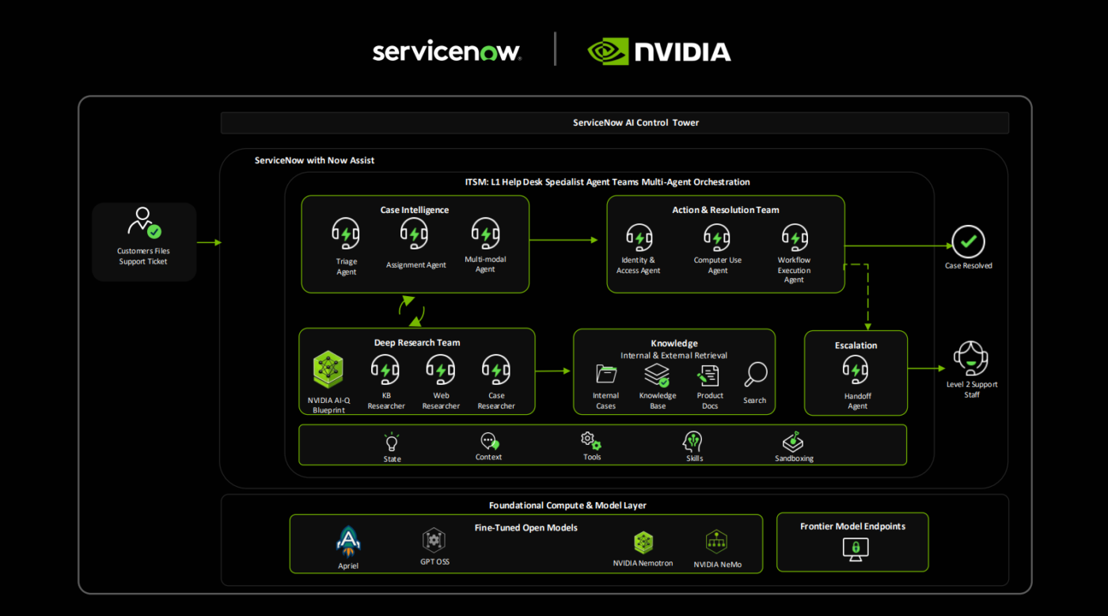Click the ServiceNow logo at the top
coord(446,51)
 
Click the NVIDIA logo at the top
coord(659,51)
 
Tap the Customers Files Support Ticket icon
coord(143,222)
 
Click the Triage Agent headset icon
coord(346,234)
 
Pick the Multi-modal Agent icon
coord(485,234)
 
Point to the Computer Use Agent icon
coord(717,238)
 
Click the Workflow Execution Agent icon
coord(794,238)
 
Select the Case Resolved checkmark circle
coord(968,241)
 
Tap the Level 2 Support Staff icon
coord(971,359)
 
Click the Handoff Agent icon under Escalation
coord(856,370)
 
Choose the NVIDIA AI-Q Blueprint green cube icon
coord(328,370)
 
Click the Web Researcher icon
coord(441,370)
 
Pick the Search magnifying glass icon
coord(755,375)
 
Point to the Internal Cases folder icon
coord(606,374)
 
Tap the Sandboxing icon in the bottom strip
coord(793,442)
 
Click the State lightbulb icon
coord(392,442)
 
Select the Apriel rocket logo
coord(348,542)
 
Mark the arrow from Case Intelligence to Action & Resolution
coord(563,239)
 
